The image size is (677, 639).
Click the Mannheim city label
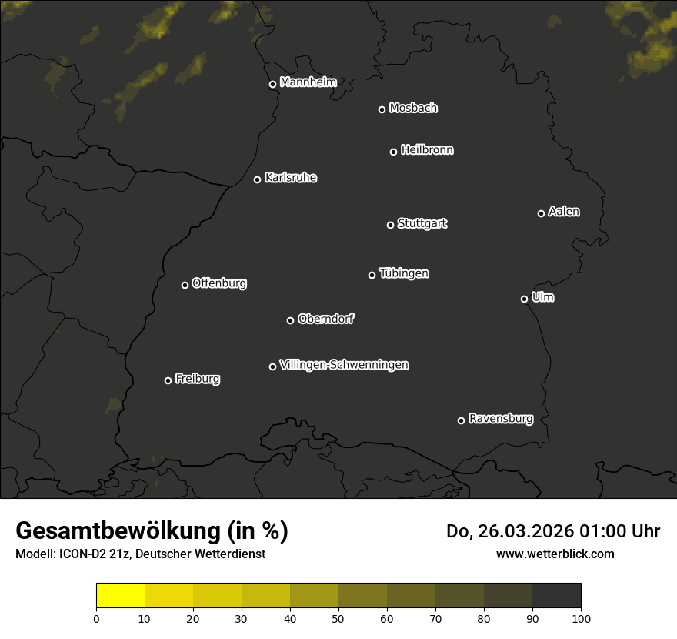308,82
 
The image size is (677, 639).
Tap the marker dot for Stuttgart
390,225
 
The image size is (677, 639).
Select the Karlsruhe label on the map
290,178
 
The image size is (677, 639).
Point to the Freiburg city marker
168,380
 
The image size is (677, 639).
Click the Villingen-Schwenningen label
344,365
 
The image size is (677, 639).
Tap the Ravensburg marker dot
461,420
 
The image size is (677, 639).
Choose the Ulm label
542,297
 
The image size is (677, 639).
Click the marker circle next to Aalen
541,213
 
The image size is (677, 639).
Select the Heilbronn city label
427,150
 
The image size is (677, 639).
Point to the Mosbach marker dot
382,109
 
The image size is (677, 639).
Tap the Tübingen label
404,273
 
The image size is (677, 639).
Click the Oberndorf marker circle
290,320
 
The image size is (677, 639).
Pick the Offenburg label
219,283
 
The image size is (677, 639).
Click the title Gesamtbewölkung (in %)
152,531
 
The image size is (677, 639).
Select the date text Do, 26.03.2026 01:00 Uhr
552,531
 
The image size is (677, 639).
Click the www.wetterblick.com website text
555,554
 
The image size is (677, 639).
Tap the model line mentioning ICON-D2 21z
140,554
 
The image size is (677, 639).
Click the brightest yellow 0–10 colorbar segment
121,596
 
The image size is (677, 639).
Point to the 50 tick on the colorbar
338,618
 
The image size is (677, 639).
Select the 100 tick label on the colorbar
581,618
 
